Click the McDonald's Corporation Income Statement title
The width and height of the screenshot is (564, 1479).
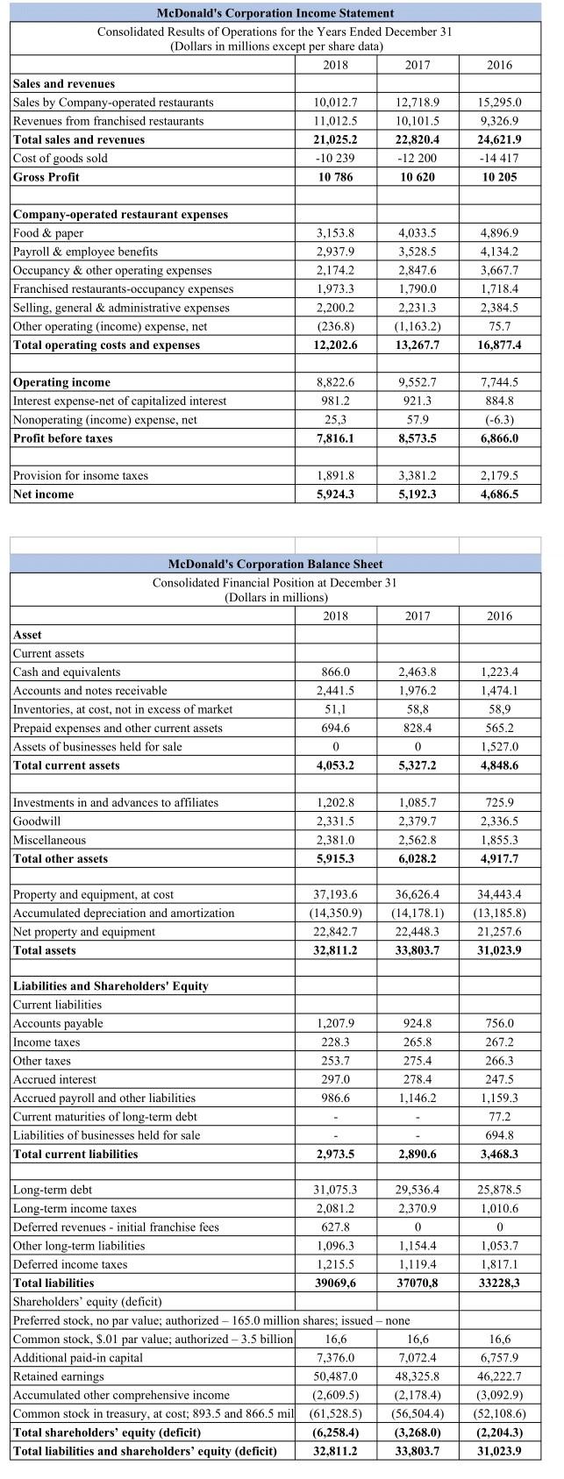point(275,12)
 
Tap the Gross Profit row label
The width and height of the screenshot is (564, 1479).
point(46,177)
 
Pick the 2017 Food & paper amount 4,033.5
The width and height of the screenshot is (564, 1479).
point(418,233)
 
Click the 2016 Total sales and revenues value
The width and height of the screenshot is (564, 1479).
point(499,139)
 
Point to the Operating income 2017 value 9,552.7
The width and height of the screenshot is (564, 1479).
point(418,382)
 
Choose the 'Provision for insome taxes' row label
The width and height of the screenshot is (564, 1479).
point(80,476)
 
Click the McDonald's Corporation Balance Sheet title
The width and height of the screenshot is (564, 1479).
point(275,564)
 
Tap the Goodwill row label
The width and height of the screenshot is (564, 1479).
point(37,821)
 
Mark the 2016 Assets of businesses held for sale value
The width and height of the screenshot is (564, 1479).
point(499,747)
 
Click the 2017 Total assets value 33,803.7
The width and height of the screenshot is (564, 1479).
point(418,950)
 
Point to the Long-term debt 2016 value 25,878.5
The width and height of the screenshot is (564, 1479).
point(499,1191)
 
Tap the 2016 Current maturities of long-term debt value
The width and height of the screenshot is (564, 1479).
point(499,1117)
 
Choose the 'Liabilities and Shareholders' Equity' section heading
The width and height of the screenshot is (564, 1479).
point(111,986)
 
